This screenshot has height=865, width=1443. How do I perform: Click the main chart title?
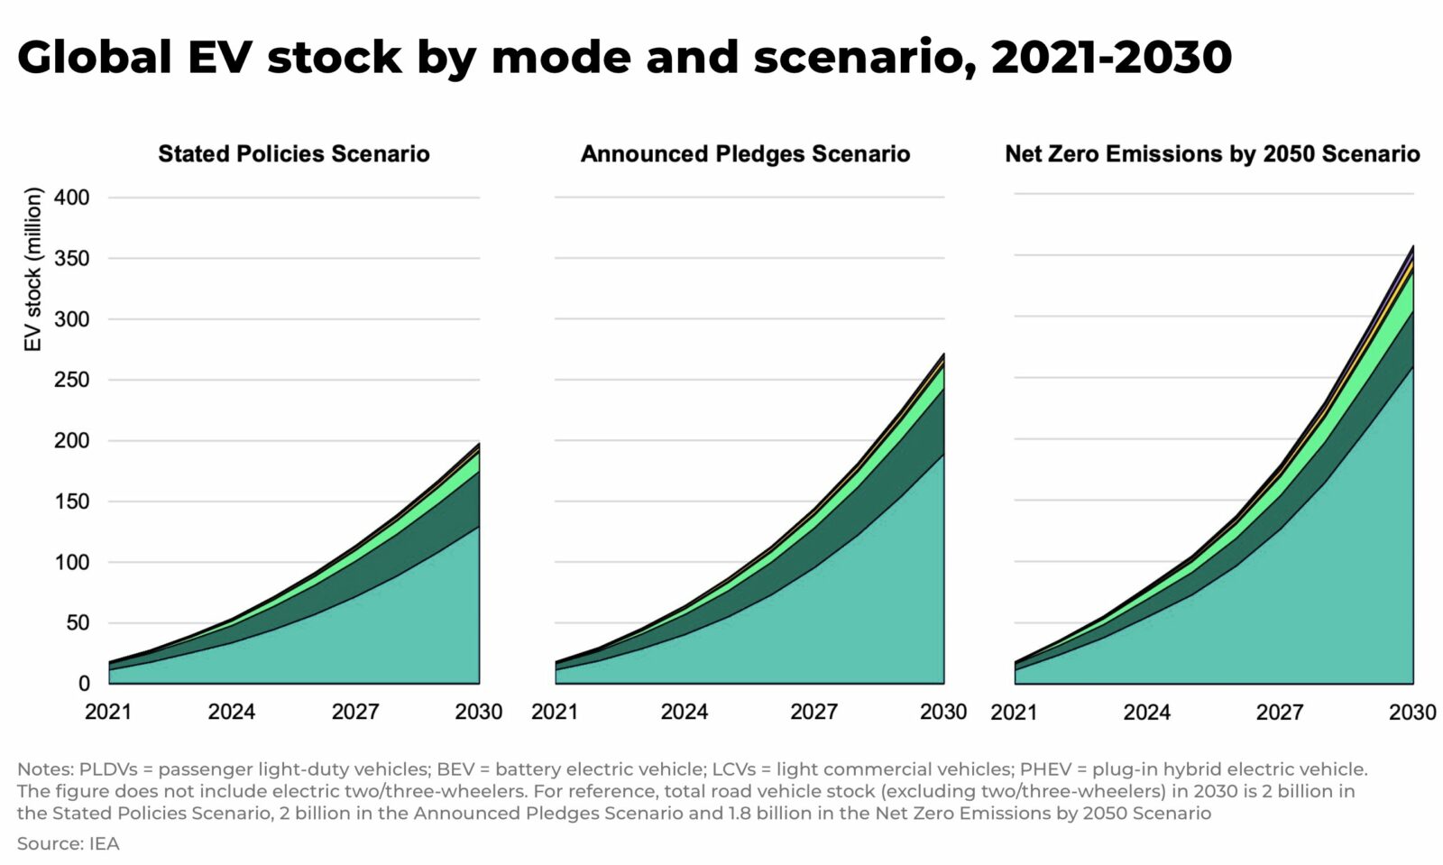point(624,57)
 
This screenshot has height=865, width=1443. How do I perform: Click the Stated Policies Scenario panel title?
point(294,154)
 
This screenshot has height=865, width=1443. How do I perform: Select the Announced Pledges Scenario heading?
point(745,154)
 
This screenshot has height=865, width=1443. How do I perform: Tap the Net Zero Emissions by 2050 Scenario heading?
point(1212,154)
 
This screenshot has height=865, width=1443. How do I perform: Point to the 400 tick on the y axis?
point(72,198)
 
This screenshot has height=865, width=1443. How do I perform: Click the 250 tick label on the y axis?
point(72,380)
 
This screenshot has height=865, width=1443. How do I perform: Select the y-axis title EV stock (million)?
point(32,269)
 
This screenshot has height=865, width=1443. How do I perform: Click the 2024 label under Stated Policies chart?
point(232,712)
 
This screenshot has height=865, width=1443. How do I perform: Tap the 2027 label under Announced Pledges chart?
point(813,712)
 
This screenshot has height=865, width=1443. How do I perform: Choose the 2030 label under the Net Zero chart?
point(1412,712)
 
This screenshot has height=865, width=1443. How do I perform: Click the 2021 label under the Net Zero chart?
point(1015,712)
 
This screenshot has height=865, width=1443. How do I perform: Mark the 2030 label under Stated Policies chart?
point(479,712)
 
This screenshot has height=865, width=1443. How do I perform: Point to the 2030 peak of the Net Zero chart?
point(1412,246)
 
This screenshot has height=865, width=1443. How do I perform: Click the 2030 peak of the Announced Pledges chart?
point(943,354)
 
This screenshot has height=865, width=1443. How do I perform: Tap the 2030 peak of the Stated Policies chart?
point(479,443)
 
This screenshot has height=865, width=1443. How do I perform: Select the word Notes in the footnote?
point(44,769)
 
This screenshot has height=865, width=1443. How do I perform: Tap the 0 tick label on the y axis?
point(84,684)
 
